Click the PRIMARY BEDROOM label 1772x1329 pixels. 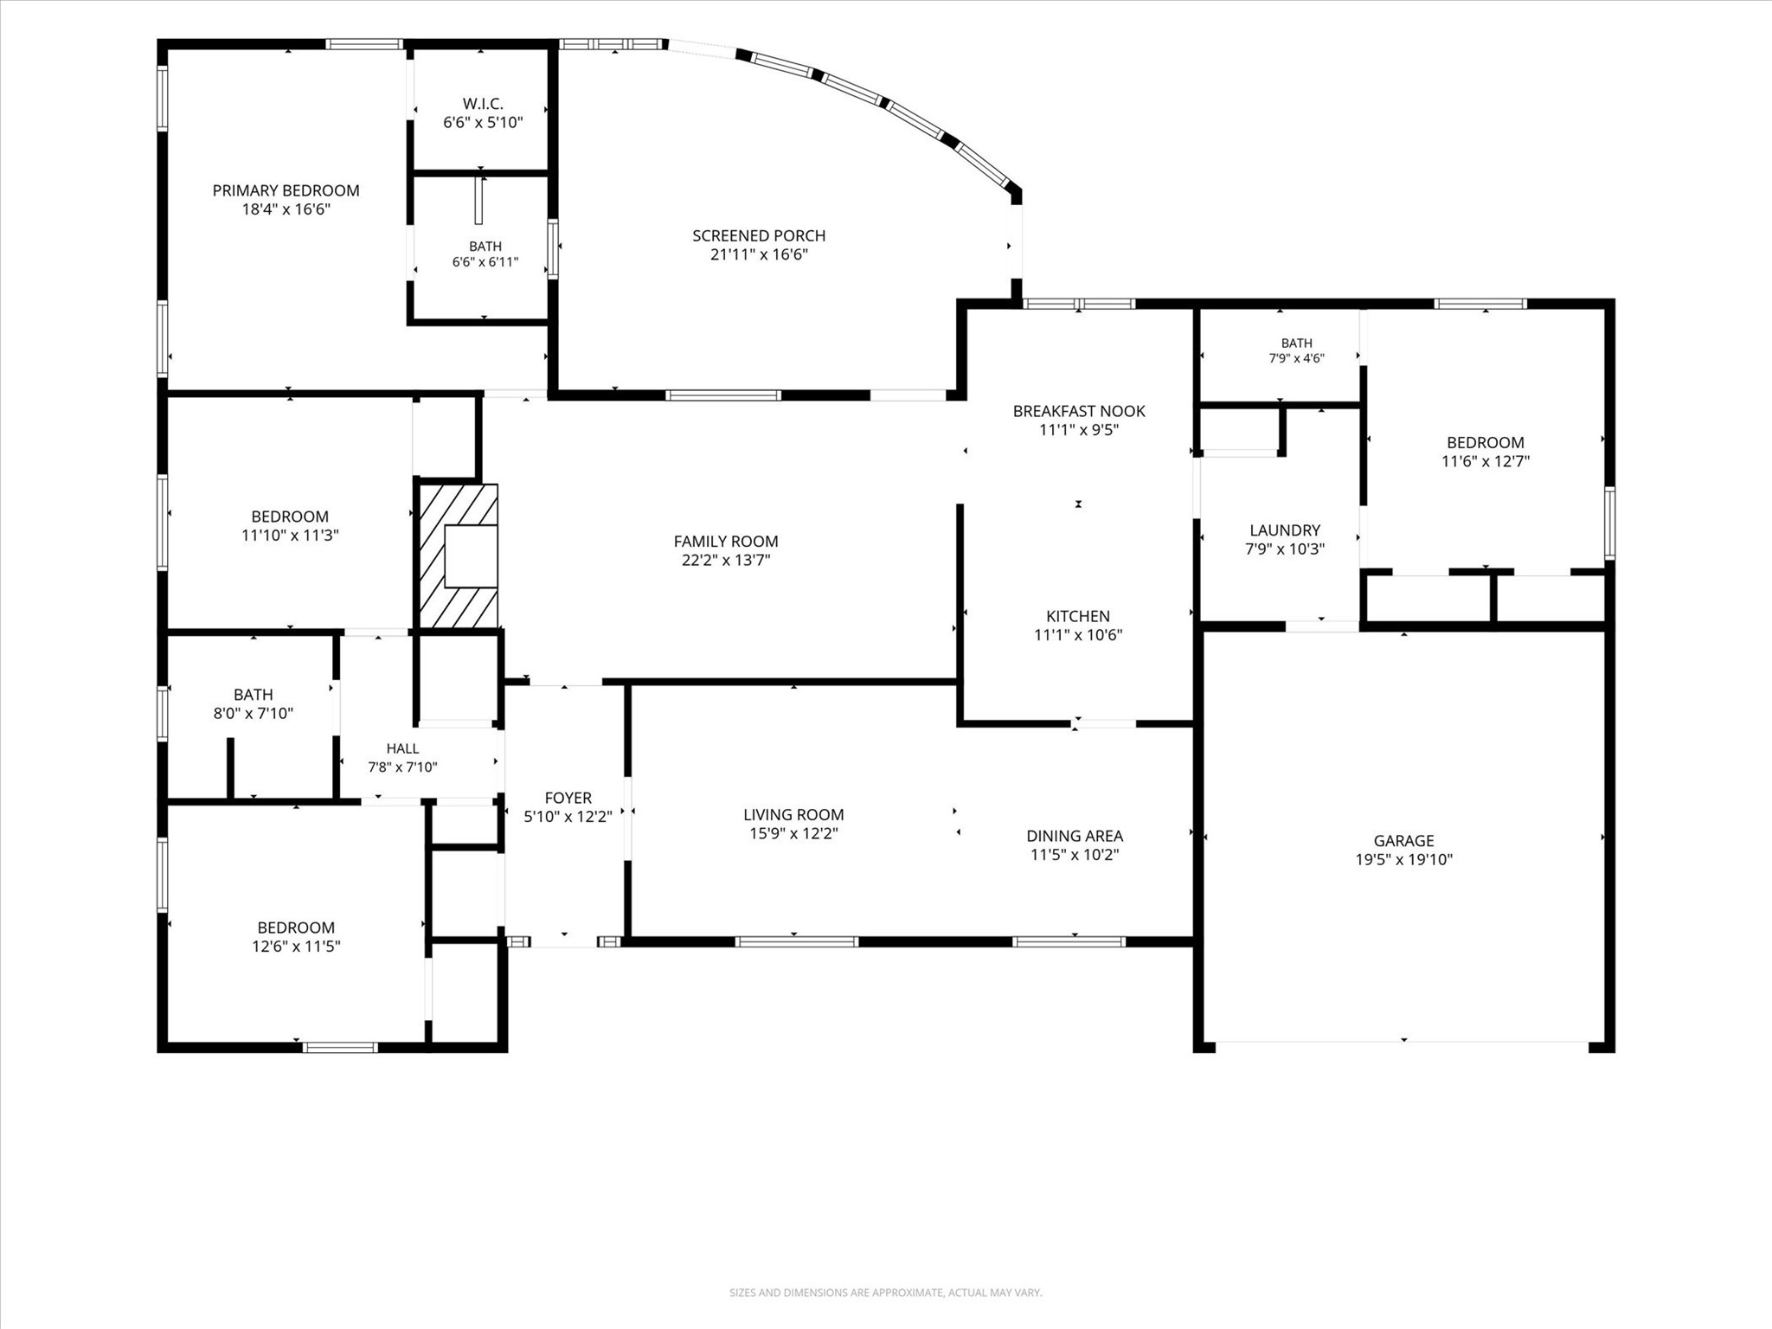pyautogui.click(x=286, y=190)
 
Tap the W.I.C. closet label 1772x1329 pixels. pyautogui.click(x=483, y=104)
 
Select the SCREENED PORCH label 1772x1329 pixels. pyautogui.click(x=759, y=235)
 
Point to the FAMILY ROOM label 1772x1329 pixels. pyautogui.click(x=726, y=542)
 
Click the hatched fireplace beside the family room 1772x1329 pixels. pyautogui.click(x=459, y=556)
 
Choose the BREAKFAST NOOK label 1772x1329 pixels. pyautogui.click(x=1079, y=411)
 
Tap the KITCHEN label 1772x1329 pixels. pyautogui.click(x=1078, y=616)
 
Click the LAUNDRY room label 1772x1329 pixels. pyautogui.click(x=1285, y=530)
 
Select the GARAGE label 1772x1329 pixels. pyautogui.click(x=1403, y=840)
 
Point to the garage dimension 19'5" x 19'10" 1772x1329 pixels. pyautogui.click(x=1403, y=859)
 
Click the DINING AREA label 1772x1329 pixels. pyautogui.click(x=1075, y=836)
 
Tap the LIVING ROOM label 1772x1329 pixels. pyautogui.click(x=793, y=814)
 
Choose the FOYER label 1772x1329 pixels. pyautogui.click(x=568, y=798)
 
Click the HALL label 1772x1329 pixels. pyautogui.click(x=402, y=749)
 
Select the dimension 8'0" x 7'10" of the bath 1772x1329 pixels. pyautogui.click(x=254, y=714)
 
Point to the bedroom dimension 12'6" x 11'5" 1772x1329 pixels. pyautogui.click(x=296, y=947)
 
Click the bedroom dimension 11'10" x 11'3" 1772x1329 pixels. pyautogui.click(x=290, y=536)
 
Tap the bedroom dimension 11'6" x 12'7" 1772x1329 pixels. pyautogui.click(x=1486, y=461)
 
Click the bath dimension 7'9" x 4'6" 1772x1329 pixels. pyautogui.click(x=1297, y=358)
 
